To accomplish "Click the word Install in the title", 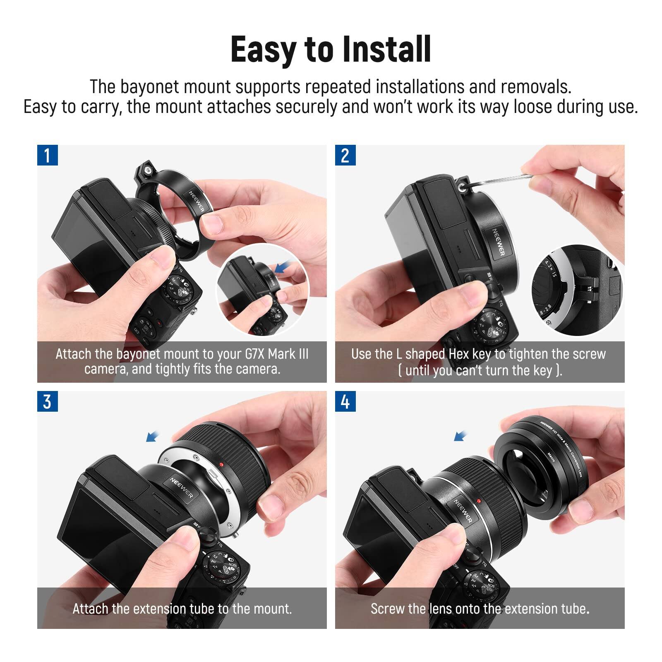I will (x=387, y=50).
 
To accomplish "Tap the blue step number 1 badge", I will (x=47, y=155).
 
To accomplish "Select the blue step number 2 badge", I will (x=345, y=155).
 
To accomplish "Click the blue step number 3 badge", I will (x=47, y=401).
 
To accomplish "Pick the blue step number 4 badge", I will (x=345, y=401).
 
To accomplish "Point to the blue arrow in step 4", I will (x=461, y=436).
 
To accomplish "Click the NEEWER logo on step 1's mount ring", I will (x=197, y=201).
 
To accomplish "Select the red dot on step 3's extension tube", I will (x=222, y=464).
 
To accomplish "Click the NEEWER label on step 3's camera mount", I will (x=181, y=488).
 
